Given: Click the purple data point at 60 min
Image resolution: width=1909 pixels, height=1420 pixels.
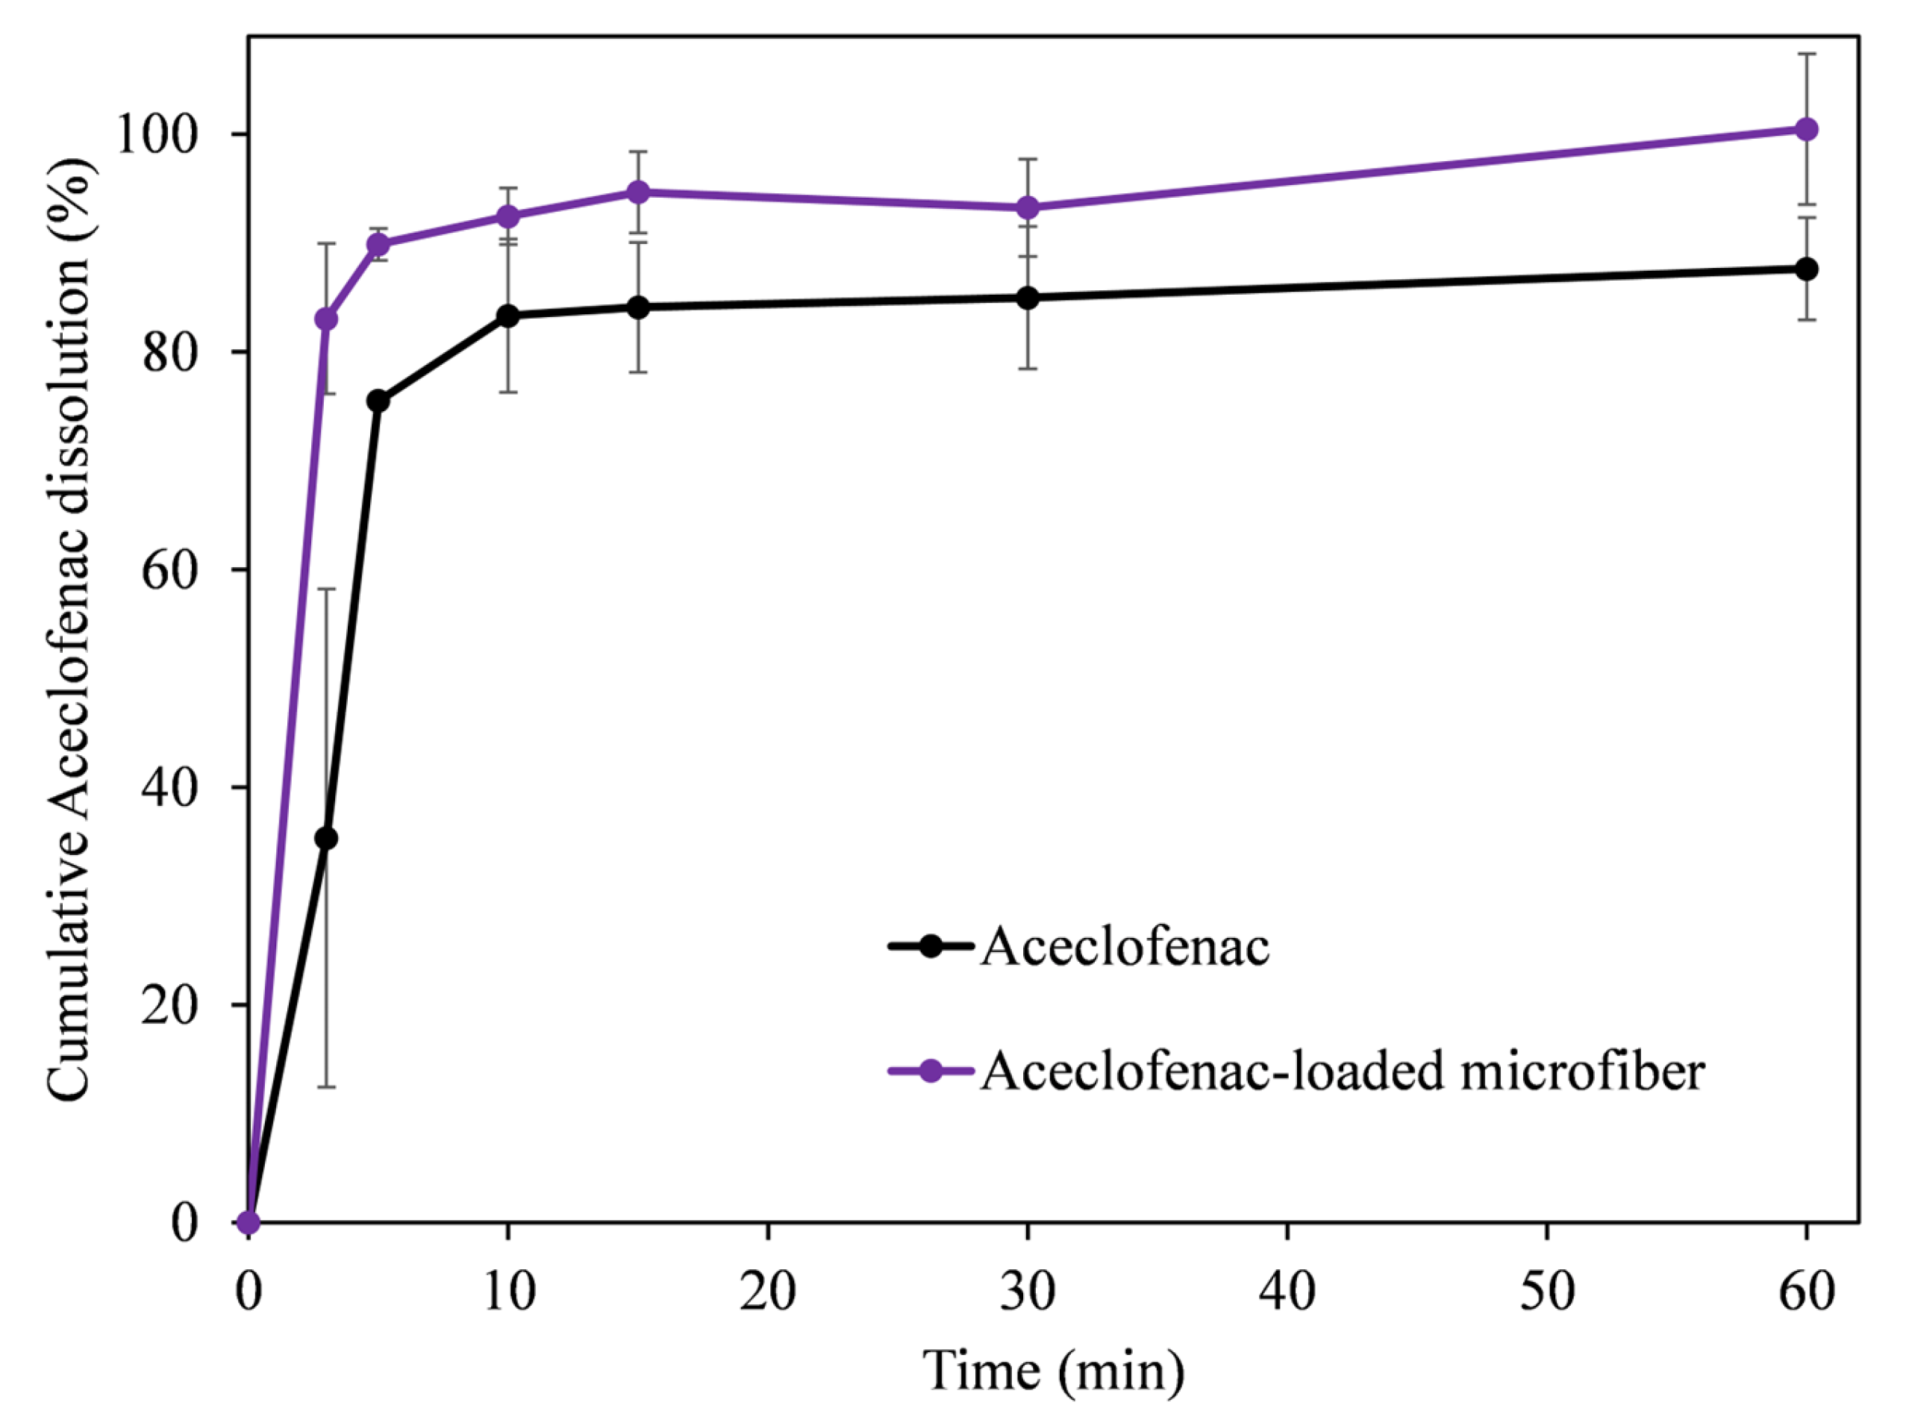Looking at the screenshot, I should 1806,129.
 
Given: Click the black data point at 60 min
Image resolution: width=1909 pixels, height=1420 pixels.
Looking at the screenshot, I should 1806,269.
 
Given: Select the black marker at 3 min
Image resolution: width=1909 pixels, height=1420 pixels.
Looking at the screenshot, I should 326,838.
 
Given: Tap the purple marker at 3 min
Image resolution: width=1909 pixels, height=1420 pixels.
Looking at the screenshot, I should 326,319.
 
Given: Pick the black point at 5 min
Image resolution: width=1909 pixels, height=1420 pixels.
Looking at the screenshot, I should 378,401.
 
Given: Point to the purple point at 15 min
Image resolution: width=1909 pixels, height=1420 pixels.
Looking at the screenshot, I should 638,192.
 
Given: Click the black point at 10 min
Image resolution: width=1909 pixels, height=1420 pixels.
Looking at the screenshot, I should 508,316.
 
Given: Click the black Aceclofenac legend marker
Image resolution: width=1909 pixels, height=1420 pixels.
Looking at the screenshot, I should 930,946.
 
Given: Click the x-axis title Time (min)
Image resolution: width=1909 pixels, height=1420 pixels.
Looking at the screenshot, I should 1054,1371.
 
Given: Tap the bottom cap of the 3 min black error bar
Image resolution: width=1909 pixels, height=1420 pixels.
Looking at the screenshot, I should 326,1087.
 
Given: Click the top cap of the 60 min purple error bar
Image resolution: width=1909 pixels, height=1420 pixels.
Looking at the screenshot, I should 1806,53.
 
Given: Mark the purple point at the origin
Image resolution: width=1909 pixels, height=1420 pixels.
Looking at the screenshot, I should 249,1222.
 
